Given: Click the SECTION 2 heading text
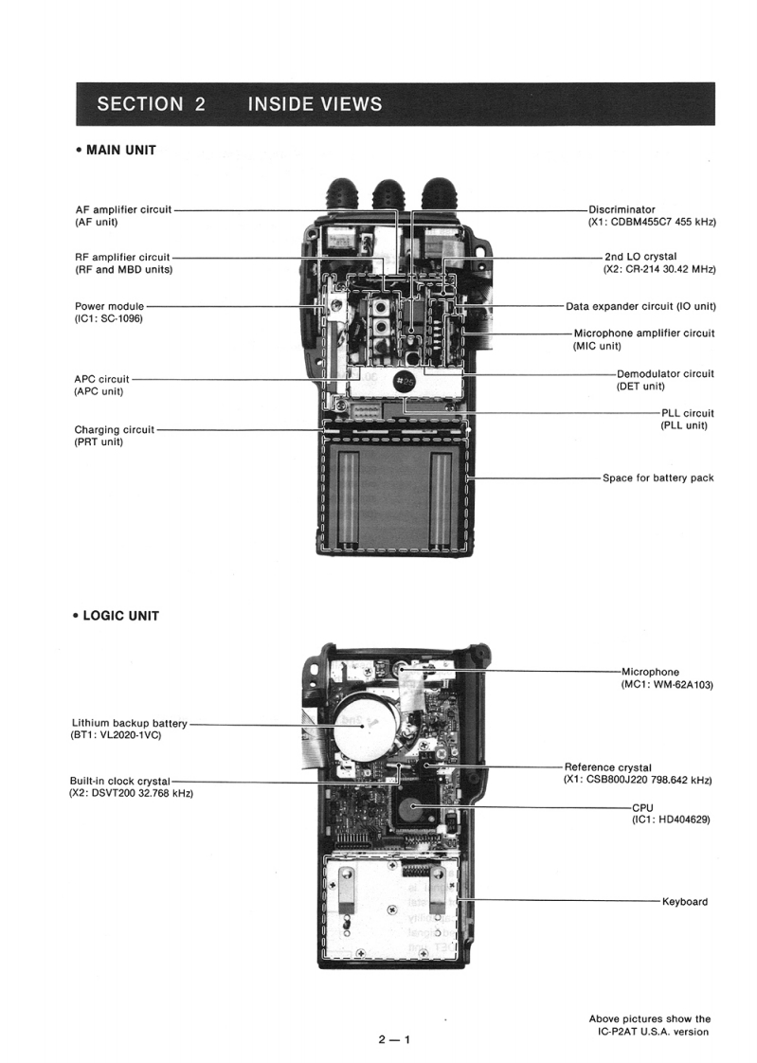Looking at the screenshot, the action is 151,103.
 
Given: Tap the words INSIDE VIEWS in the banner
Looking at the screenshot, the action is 315,103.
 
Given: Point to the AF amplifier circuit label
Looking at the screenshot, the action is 122,209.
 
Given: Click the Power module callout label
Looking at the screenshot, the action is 109,306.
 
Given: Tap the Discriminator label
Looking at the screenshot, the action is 622,209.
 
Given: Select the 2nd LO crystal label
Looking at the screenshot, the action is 640,256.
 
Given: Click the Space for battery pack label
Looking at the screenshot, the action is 658,477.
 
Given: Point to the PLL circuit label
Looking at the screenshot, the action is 687,413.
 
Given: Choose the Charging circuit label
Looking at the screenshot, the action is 115,429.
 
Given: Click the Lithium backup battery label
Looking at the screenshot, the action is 130,724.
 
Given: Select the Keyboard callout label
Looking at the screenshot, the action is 684,902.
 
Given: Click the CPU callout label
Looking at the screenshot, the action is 642,807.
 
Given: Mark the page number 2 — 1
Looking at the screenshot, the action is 394,1038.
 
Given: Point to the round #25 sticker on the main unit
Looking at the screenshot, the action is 405,382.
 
